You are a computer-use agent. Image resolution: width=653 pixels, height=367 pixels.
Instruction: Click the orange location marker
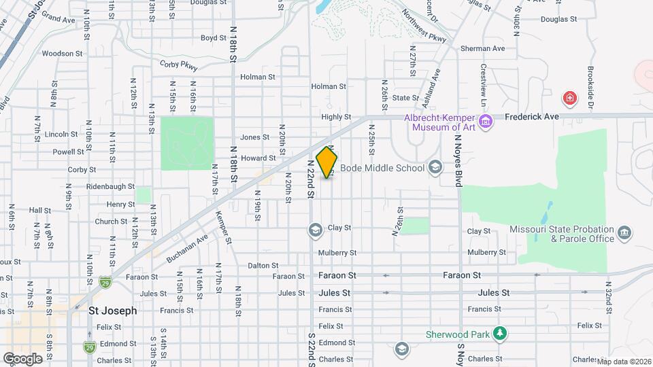coord(326,162)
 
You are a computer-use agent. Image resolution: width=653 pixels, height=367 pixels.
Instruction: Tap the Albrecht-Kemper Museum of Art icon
coord(486,122)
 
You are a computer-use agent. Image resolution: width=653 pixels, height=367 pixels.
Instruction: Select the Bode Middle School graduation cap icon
coord(435,168)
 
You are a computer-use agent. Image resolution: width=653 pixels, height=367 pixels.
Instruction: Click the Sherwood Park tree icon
coord(501,333)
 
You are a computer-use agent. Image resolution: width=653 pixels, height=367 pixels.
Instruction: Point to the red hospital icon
coord(569,99)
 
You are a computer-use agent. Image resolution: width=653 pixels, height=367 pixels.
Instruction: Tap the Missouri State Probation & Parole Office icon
coord(624,234)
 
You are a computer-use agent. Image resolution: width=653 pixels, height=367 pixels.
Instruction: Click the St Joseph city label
coord(112,311)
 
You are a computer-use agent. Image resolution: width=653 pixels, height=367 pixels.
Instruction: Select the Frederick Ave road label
coord(532,117)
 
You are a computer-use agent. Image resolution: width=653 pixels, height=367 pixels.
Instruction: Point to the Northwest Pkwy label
coord(423,27)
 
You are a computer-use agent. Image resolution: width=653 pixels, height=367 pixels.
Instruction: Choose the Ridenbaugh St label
coord(110,186)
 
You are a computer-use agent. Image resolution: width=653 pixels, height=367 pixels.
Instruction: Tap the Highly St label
coord(335,117)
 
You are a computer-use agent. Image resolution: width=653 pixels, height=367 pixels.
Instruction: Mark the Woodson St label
coord(62,53)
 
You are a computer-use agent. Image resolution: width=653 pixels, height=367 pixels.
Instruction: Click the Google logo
coord(22,359)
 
